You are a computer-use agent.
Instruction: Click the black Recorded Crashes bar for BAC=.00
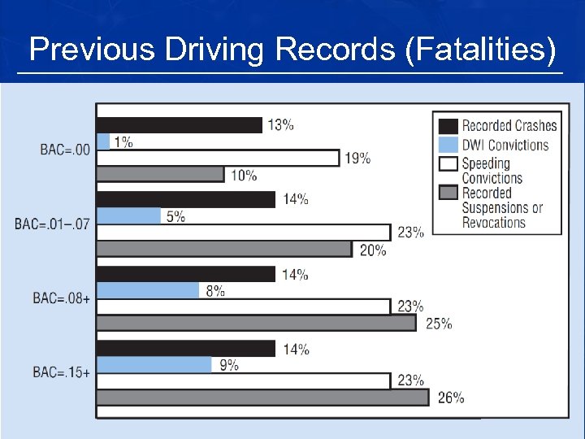pos(179,124)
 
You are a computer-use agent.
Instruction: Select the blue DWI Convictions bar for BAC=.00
pos(103,141)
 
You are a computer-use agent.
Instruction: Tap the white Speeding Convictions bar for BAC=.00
pos(218,158)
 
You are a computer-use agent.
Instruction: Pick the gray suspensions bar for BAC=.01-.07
pos(224,250)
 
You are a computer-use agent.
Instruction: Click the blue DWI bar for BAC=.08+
pos(148,290)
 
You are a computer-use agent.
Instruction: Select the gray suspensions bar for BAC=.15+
pos(262,398)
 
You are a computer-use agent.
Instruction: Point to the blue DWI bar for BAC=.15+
pos(154,365)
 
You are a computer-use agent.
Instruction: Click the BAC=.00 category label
pos(65,150)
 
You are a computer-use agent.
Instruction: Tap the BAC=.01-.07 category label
pos(52,224)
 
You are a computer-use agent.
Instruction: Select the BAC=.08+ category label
pos(61,298)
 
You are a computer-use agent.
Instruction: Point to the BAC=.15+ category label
pos(61,372)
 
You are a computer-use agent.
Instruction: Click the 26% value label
pos(451,398)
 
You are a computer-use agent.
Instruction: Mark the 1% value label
pos(123,141)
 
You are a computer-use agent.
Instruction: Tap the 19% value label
pos(357,158)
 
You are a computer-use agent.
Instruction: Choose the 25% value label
pos(439,324)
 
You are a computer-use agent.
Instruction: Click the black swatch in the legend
pos(448,126)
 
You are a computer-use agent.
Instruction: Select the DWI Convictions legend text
pos(505,146)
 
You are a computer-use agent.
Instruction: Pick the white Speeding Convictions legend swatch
pos(448,163)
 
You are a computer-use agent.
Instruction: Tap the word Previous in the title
pos(92,50)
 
